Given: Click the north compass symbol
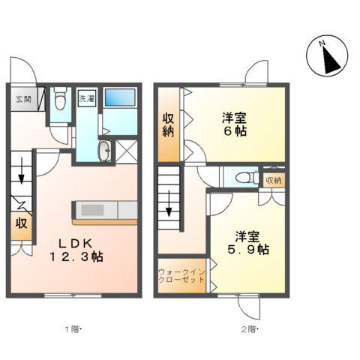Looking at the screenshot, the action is [x=327, y=55].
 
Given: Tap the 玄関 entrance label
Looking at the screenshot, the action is [x=23, y=99].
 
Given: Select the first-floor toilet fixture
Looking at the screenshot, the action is [x=60, y=98].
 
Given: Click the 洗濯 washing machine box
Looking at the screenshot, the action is [x=87, y=98].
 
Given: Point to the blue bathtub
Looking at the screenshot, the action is [x=120, y=97].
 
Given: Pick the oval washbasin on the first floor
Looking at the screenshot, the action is [x=105, y=151].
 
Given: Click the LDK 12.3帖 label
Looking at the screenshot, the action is [x=76, y=250].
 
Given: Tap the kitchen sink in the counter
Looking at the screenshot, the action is [x=92, y=210].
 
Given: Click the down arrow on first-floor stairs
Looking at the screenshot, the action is [x=21, y=170].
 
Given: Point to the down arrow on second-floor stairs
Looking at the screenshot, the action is [x=169, y=203].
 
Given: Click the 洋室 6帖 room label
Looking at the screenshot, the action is [x=235, y=124].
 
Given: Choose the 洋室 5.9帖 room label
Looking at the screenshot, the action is [x=248, y=243].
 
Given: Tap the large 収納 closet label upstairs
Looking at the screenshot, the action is [x=168, y=125].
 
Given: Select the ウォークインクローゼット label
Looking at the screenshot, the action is [x=182, y=275].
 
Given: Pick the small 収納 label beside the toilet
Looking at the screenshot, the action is [x=274, y=180].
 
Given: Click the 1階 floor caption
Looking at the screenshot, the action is [x=73, y=329].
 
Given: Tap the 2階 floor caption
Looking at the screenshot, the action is [x=249, y=329].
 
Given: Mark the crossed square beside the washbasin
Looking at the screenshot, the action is [x=127, y=152].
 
